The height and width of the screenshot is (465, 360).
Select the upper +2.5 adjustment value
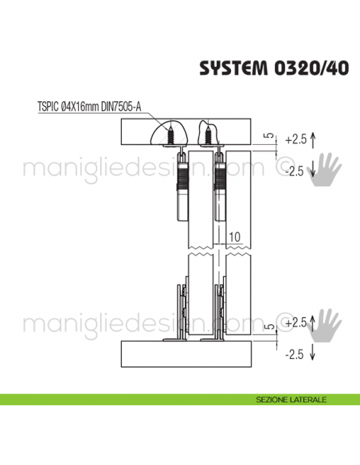click(x=295, y=139)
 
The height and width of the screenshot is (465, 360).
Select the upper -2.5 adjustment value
click(x=295, y=170)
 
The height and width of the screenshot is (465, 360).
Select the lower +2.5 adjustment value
click(x=295, y=322)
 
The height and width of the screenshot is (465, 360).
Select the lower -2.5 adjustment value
click(x=295, y=354)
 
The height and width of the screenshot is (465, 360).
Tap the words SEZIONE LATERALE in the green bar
click(x=290, y=398)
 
